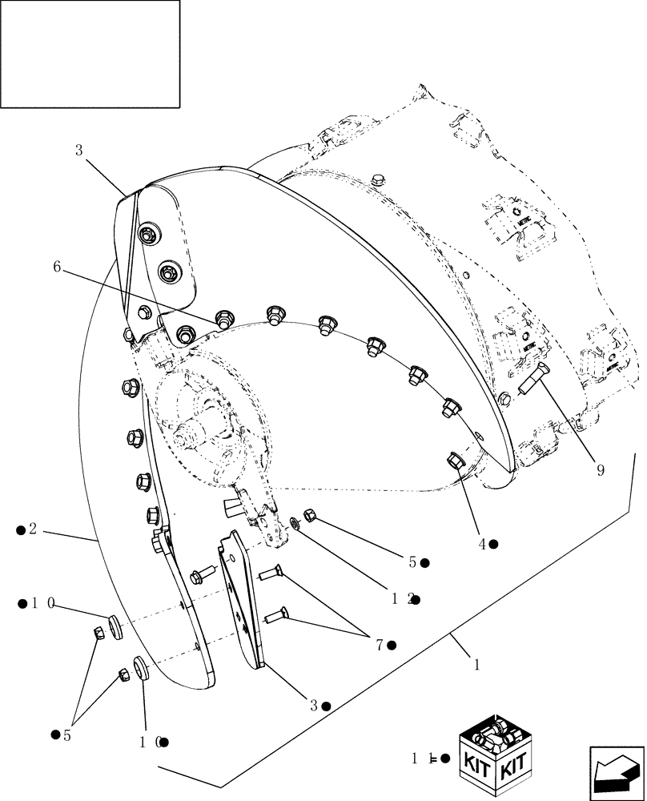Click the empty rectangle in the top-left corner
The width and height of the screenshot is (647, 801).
(x=90, y=54)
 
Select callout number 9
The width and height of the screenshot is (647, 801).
(x=599, y=470)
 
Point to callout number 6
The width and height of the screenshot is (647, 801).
(x=57, y=267)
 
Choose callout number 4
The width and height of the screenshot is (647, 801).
(x=483, y=544)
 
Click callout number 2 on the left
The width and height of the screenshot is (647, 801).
(x=33, y=529)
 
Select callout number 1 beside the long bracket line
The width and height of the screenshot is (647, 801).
(x=477, y=664)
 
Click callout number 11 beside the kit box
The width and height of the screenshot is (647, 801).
(x=417, y=758)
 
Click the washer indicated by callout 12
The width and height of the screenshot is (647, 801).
(x=295, y=524)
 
